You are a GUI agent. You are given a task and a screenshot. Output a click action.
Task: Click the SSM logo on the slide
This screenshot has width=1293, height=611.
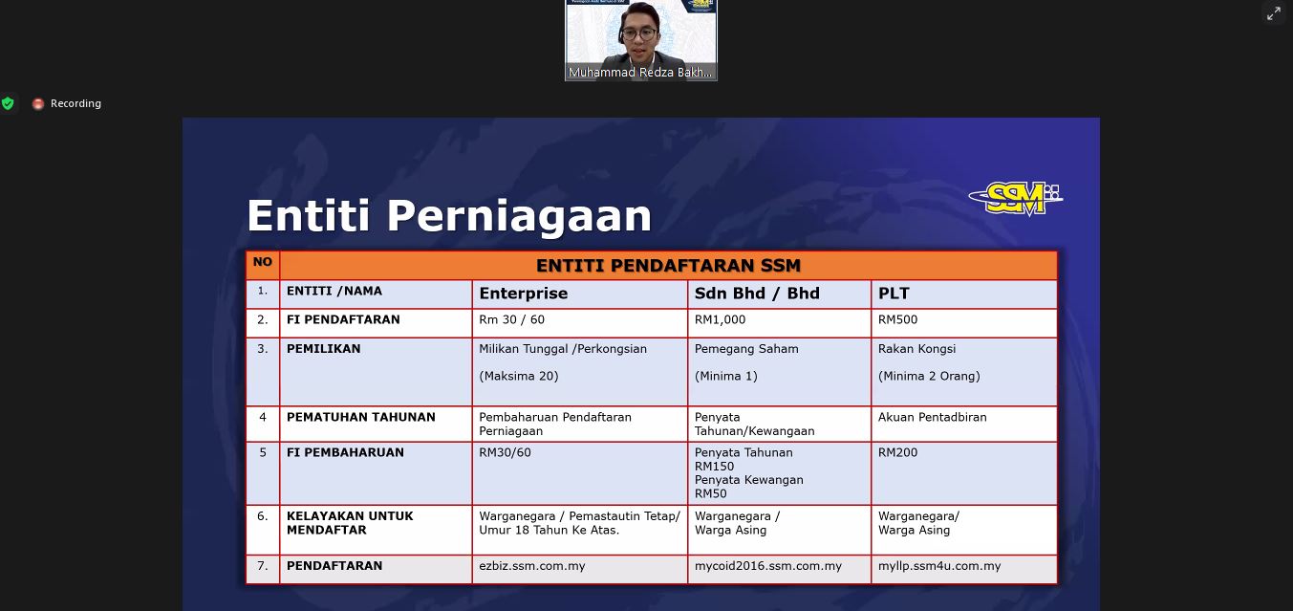tap(1016, 199)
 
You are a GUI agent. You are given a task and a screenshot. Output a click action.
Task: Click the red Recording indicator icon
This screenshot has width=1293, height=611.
tap(38, 104)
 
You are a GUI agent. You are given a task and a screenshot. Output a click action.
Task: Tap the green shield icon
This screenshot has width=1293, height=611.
tap(8, 103)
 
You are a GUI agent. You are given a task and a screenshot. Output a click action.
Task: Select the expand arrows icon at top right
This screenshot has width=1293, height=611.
tap(1273, 13)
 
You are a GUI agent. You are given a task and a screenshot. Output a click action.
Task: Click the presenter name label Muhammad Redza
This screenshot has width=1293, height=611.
tap(640, 72)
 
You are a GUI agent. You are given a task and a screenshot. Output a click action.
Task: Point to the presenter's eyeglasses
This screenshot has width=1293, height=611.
tap(639, 33)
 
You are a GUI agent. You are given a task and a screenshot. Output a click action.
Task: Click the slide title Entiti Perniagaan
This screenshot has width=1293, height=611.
tap(449, 216)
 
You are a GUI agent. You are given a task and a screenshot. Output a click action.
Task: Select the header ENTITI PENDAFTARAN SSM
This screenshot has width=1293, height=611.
tap(668, 266)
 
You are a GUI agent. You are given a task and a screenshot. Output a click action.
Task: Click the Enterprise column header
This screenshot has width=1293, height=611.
tap(524, 294)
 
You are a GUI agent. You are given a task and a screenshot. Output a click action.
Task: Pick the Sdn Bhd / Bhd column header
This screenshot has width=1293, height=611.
tap(757, 294)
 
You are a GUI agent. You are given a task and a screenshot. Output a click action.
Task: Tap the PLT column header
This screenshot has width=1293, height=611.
tap(894, 294)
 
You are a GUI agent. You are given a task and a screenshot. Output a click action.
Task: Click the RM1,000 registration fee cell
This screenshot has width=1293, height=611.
tap(720, 319)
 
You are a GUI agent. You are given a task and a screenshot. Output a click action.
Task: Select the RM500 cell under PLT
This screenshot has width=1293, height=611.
tap(897, 319)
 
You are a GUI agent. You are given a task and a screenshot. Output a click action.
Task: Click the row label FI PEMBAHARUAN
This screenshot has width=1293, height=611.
tap(345, 452)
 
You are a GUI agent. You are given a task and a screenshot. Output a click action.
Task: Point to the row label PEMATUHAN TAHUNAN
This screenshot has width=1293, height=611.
tap(361, 417)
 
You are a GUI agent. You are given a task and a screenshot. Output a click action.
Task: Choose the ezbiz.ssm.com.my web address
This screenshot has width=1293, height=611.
tap(532, 566)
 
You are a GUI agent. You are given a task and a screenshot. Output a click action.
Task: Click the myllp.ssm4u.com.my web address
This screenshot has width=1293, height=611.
tap(939, 566)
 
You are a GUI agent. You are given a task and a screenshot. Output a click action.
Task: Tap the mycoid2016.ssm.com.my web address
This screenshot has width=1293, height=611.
tap(767, 566)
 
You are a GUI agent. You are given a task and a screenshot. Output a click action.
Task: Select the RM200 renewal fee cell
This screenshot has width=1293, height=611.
tap(897, 452)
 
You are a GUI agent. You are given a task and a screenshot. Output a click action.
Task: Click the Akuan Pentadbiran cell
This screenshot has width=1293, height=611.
tap(932, 417)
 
